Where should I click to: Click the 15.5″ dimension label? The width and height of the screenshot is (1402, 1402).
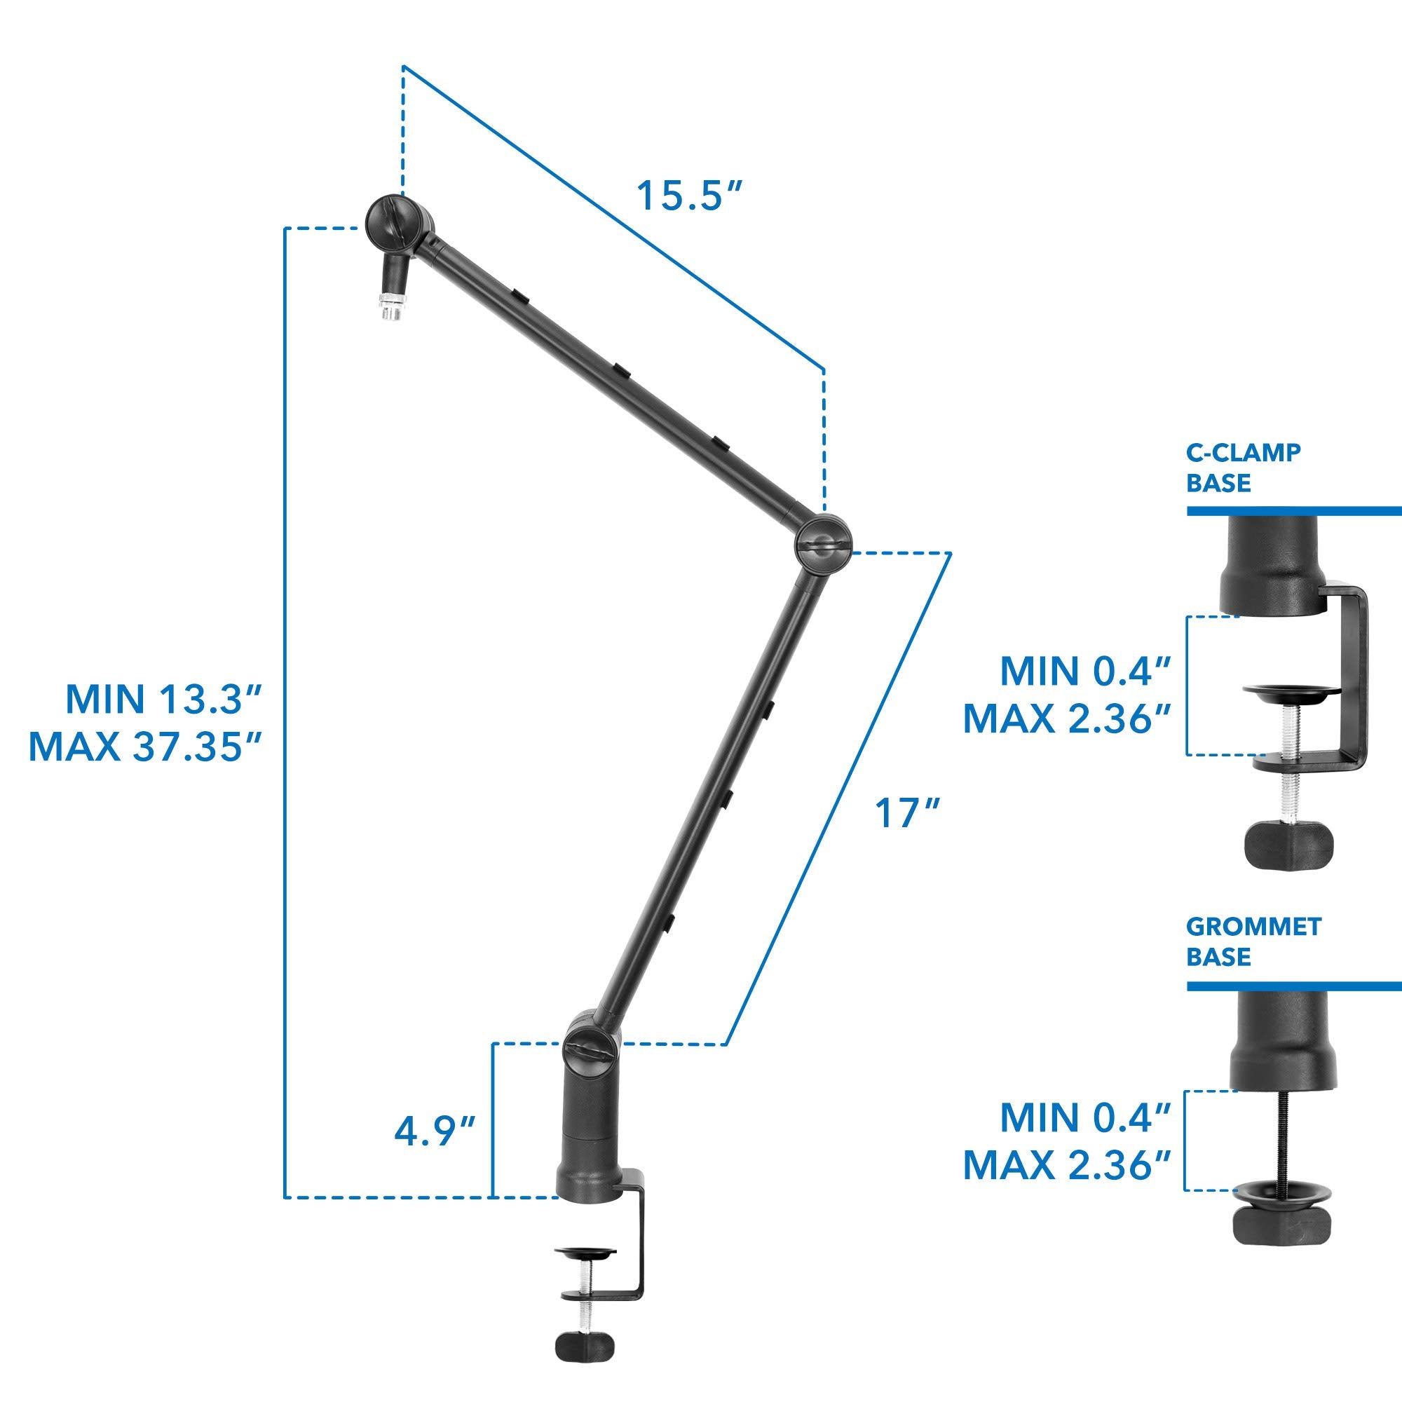pyautogui.click(x=689, y=196)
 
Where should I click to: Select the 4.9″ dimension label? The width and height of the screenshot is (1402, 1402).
pyautogui.click(x=435, y=1131)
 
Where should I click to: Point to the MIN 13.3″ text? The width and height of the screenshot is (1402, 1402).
pyautogui.click(x=163, y=699)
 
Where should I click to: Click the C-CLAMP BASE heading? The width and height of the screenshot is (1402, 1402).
pyautogui.click(x=1243, y=468)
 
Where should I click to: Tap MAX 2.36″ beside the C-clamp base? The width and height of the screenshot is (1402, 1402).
pyautogui.click(x=1068, y=718)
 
